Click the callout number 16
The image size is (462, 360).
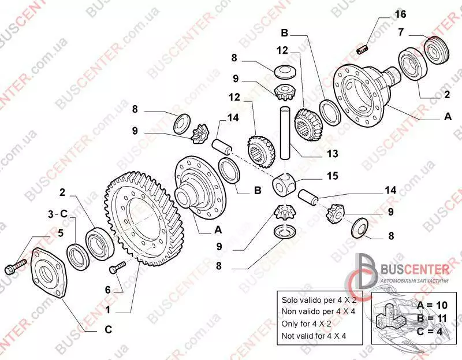(400, 14)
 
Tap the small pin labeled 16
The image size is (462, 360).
(363, 49)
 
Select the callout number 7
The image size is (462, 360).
(401, 32)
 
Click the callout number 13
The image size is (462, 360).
(333, 153)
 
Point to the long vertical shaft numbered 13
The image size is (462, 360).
(285, 133)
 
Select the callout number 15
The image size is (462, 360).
(333, 176)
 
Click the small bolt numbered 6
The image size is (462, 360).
(118, 267)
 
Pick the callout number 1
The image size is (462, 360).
(108, 310)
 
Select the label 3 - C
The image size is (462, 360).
(58, 214)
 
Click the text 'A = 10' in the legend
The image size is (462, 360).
(432, 305)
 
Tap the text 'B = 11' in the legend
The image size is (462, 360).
(432, 318)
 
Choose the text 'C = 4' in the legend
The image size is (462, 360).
(430, 332)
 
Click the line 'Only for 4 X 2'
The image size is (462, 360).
(307, 324)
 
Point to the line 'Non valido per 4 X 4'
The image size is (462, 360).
(319, 311)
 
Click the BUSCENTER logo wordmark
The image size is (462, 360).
(415, 269)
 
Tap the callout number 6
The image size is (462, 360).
(108, 290)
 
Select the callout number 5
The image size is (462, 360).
(61, 233)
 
